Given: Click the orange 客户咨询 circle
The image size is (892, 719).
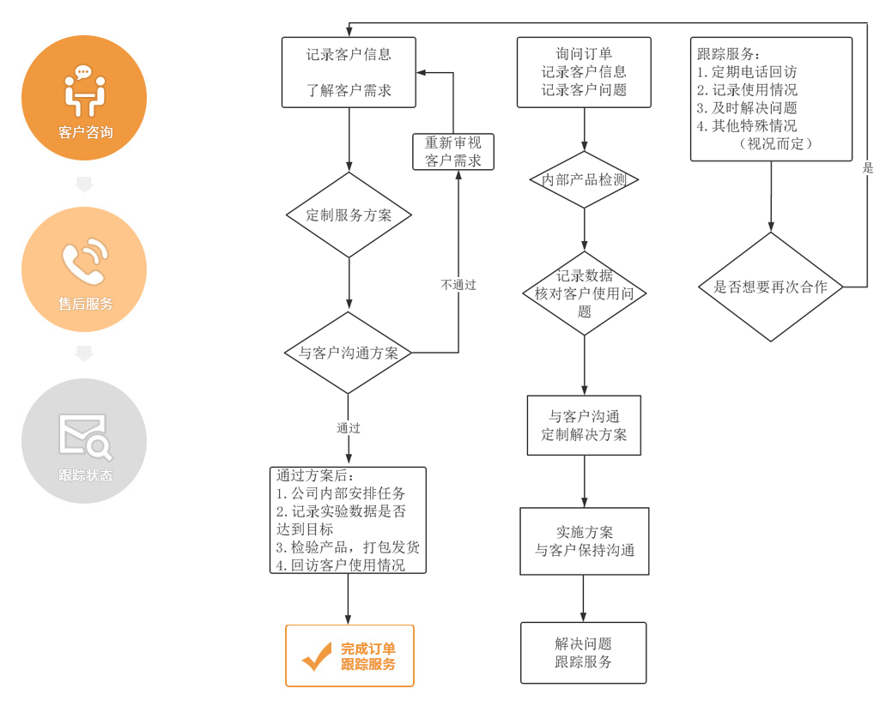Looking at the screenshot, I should click(x=84, y=98).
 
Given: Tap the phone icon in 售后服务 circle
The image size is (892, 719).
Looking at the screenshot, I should click(x=84, y=262).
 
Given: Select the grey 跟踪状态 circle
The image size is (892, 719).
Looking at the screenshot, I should click(x=84, y=440).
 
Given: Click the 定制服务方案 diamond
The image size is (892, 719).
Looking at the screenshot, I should click(x=349, y=215).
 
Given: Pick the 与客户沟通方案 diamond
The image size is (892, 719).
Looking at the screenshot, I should click(x=349, y=353).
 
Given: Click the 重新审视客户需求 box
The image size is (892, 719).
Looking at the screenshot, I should click(x=453, y=152).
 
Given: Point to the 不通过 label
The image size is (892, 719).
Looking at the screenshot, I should click(x=458, y=285).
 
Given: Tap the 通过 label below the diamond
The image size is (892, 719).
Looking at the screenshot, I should click(x=349, y=427).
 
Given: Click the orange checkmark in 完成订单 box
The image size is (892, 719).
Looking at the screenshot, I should click(x=316, y=656).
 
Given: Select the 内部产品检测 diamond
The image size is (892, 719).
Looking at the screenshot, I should click(x=584, y=180).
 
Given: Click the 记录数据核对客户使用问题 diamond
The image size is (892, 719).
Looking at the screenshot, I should click(x=584, y=293).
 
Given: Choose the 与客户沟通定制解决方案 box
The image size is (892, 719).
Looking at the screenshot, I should click(x=584, y=426).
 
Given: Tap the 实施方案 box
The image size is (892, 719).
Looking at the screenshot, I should click(x=584, y=541).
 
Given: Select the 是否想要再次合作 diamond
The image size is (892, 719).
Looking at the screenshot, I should click(x=770, y=287).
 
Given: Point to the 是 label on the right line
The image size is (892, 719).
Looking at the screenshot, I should click(x=868, y=168).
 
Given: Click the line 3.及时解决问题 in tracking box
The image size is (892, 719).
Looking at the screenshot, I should click(x=747, y=108).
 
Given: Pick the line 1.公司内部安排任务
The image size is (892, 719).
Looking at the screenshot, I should click(x=341, y=493).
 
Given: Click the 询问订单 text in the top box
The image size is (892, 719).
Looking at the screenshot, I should click(x=584, y=53).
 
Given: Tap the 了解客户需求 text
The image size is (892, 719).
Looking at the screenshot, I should click(x=349, y=89).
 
